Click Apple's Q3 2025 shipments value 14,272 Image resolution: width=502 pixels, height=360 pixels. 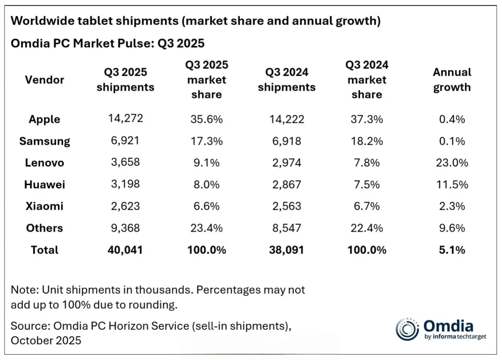pos(125,118)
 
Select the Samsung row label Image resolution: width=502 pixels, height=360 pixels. pos(45,141)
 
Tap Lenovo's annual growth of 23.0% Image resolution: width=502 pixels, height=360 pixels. pos(452,163)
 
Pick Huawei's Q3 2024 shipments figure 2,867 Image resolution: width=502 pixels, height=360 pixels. pos(287,185)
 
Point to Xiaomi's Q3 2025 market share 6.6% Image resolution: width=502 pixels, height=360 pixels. pos(206,206)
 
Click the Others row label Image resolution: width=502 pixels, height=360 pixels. pos(44,228)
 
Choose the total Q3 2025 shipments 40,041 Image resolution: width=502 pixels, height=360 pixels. pos(125,250)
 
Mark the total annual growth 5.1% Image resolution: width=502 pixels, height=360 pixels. pos(452,250)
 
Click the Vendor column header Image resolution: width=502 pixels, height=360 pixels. pos(44,80)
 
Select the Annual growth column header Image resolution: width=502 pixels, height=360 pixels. pos(452,80)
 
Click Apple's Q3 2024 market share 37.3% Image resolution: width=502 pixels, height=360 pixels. pos(367,119)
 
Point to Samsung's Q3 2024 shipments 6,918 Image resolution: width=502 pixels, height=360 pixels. pos(287,141)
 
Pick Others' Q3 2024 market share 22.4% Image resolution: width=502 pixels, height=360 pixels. pos(367,228)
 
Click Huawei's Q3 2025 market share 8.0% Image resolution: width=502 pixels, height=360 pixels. pos(206,185)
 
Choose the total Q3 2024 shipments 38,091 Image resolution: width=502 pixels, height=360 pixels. pos(287,250)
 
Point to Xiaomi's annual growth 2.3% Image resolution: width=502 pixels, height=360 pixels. pos(452,206)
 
